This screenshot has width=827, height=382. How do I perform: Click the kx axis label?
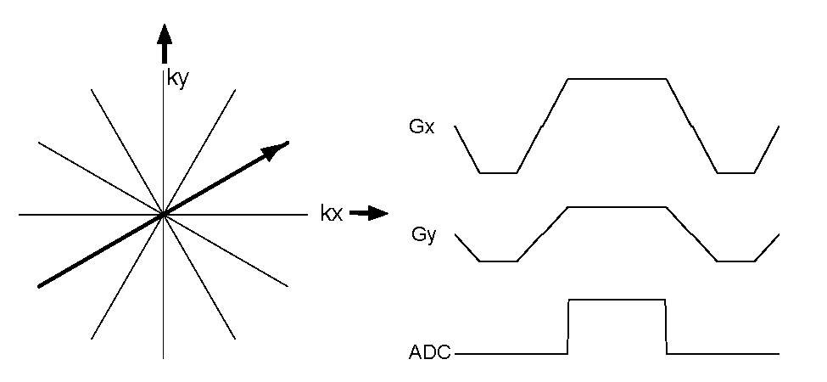click(331, 214)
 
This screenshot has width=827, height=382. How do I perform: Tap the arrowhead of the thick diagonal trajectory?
click(276, 149)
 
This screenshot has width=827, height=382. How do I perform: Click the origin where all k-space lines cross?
click(163, 215)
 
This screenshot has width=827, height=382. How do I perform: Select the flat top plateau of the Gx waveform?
click(617, 79)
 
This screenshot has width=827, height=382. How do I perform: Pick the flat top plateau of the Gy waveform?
click(617, 206)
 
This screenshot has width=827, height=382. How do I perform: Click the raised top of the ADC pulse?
click(617, 300)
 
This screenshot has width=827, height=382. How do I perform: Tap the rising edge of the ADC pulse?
click(568, 327)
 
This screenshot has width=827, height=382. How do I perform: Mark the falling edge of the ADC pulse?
click(667, 327)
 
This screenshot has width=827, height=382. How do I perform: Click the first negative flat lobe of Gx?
click(498, 173)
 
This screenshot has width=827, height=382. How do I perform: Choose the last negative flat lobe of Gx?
click(736, 173)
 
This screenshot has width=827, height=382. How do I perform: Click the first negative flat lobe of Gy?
click(498, 261)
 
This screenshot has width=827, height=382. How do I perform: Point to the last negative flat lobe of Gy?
click(736, 261)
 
